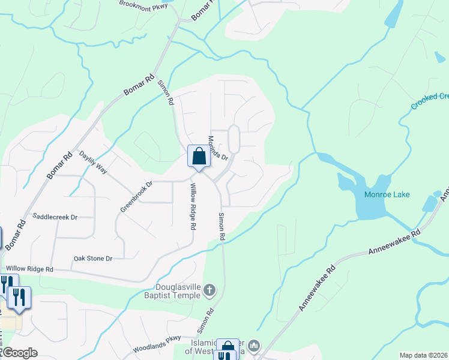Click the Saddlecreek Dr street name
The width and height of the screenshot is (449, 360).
[55, 217]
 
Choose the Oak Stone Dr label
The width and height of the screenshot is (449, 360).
[93, 259]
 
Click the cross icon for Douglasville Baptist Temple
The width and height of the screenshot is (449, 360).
[209, 291]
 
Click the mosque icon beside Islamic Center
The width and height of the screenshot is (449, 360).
[254, 346]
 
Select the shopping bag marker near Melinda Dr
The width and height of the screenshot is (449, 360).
[199, 157]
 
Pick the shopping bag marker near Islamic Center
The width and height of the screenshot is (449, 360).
[228, 349]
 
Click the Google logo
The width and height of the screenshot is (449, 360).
[19, 353]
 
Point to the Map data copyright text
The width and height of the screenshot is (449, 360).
[423, 355]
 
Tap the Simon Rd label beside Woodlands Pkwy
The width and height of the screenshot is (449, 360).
[206, 321]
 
